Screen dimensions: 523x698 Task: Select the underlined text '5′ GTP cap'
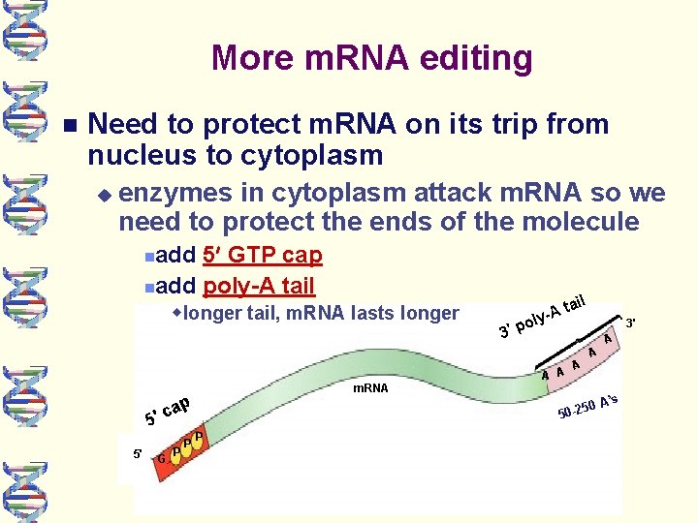pyautogui.click(x=263, y=255)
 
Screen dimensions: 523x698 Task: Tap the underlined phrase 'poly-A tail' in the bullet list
pyautogui.click(x=259, y=286)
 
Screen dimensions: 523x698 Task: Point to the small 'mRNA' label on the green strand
pyautogui.click(x=370, y=388)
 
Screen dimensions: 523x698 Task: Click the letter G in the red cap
pyautogui.click(x=161, y=457)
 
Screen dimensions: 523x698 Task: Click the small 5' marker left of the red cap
pyautogui.click(x=139, y=452)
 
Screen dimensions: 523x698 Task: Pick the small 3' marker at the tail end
pyautogui.click(x=630, y=322)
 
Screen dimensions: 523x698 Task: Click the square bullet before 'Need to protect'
pyautogui.click(x=66, y=126)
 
